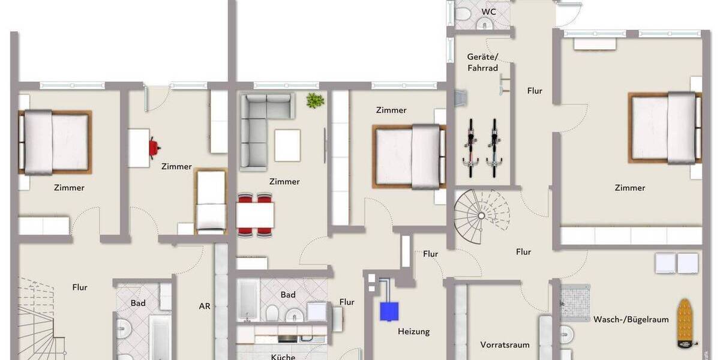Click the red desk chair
click(155, 146)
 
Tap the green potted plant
click(314, 101)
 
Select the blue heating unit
click(389, 310)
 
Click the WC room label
click(489, 11)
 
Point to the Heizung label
click(413, 331)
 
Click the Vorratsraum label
click(505, 345)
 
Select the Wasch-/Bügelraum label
click(631, 320)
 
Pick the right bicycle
click(494, 147)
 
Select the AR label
click(205, 306)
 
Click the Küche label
click(283, 357)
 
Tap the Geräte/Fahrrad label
click(483, 62)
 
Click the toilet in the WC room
click(484, 23)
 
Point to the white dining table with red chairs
click(255, 214)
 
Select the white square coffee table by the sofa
click(287, 145)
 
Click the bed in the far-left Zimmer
click(55, 142)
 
